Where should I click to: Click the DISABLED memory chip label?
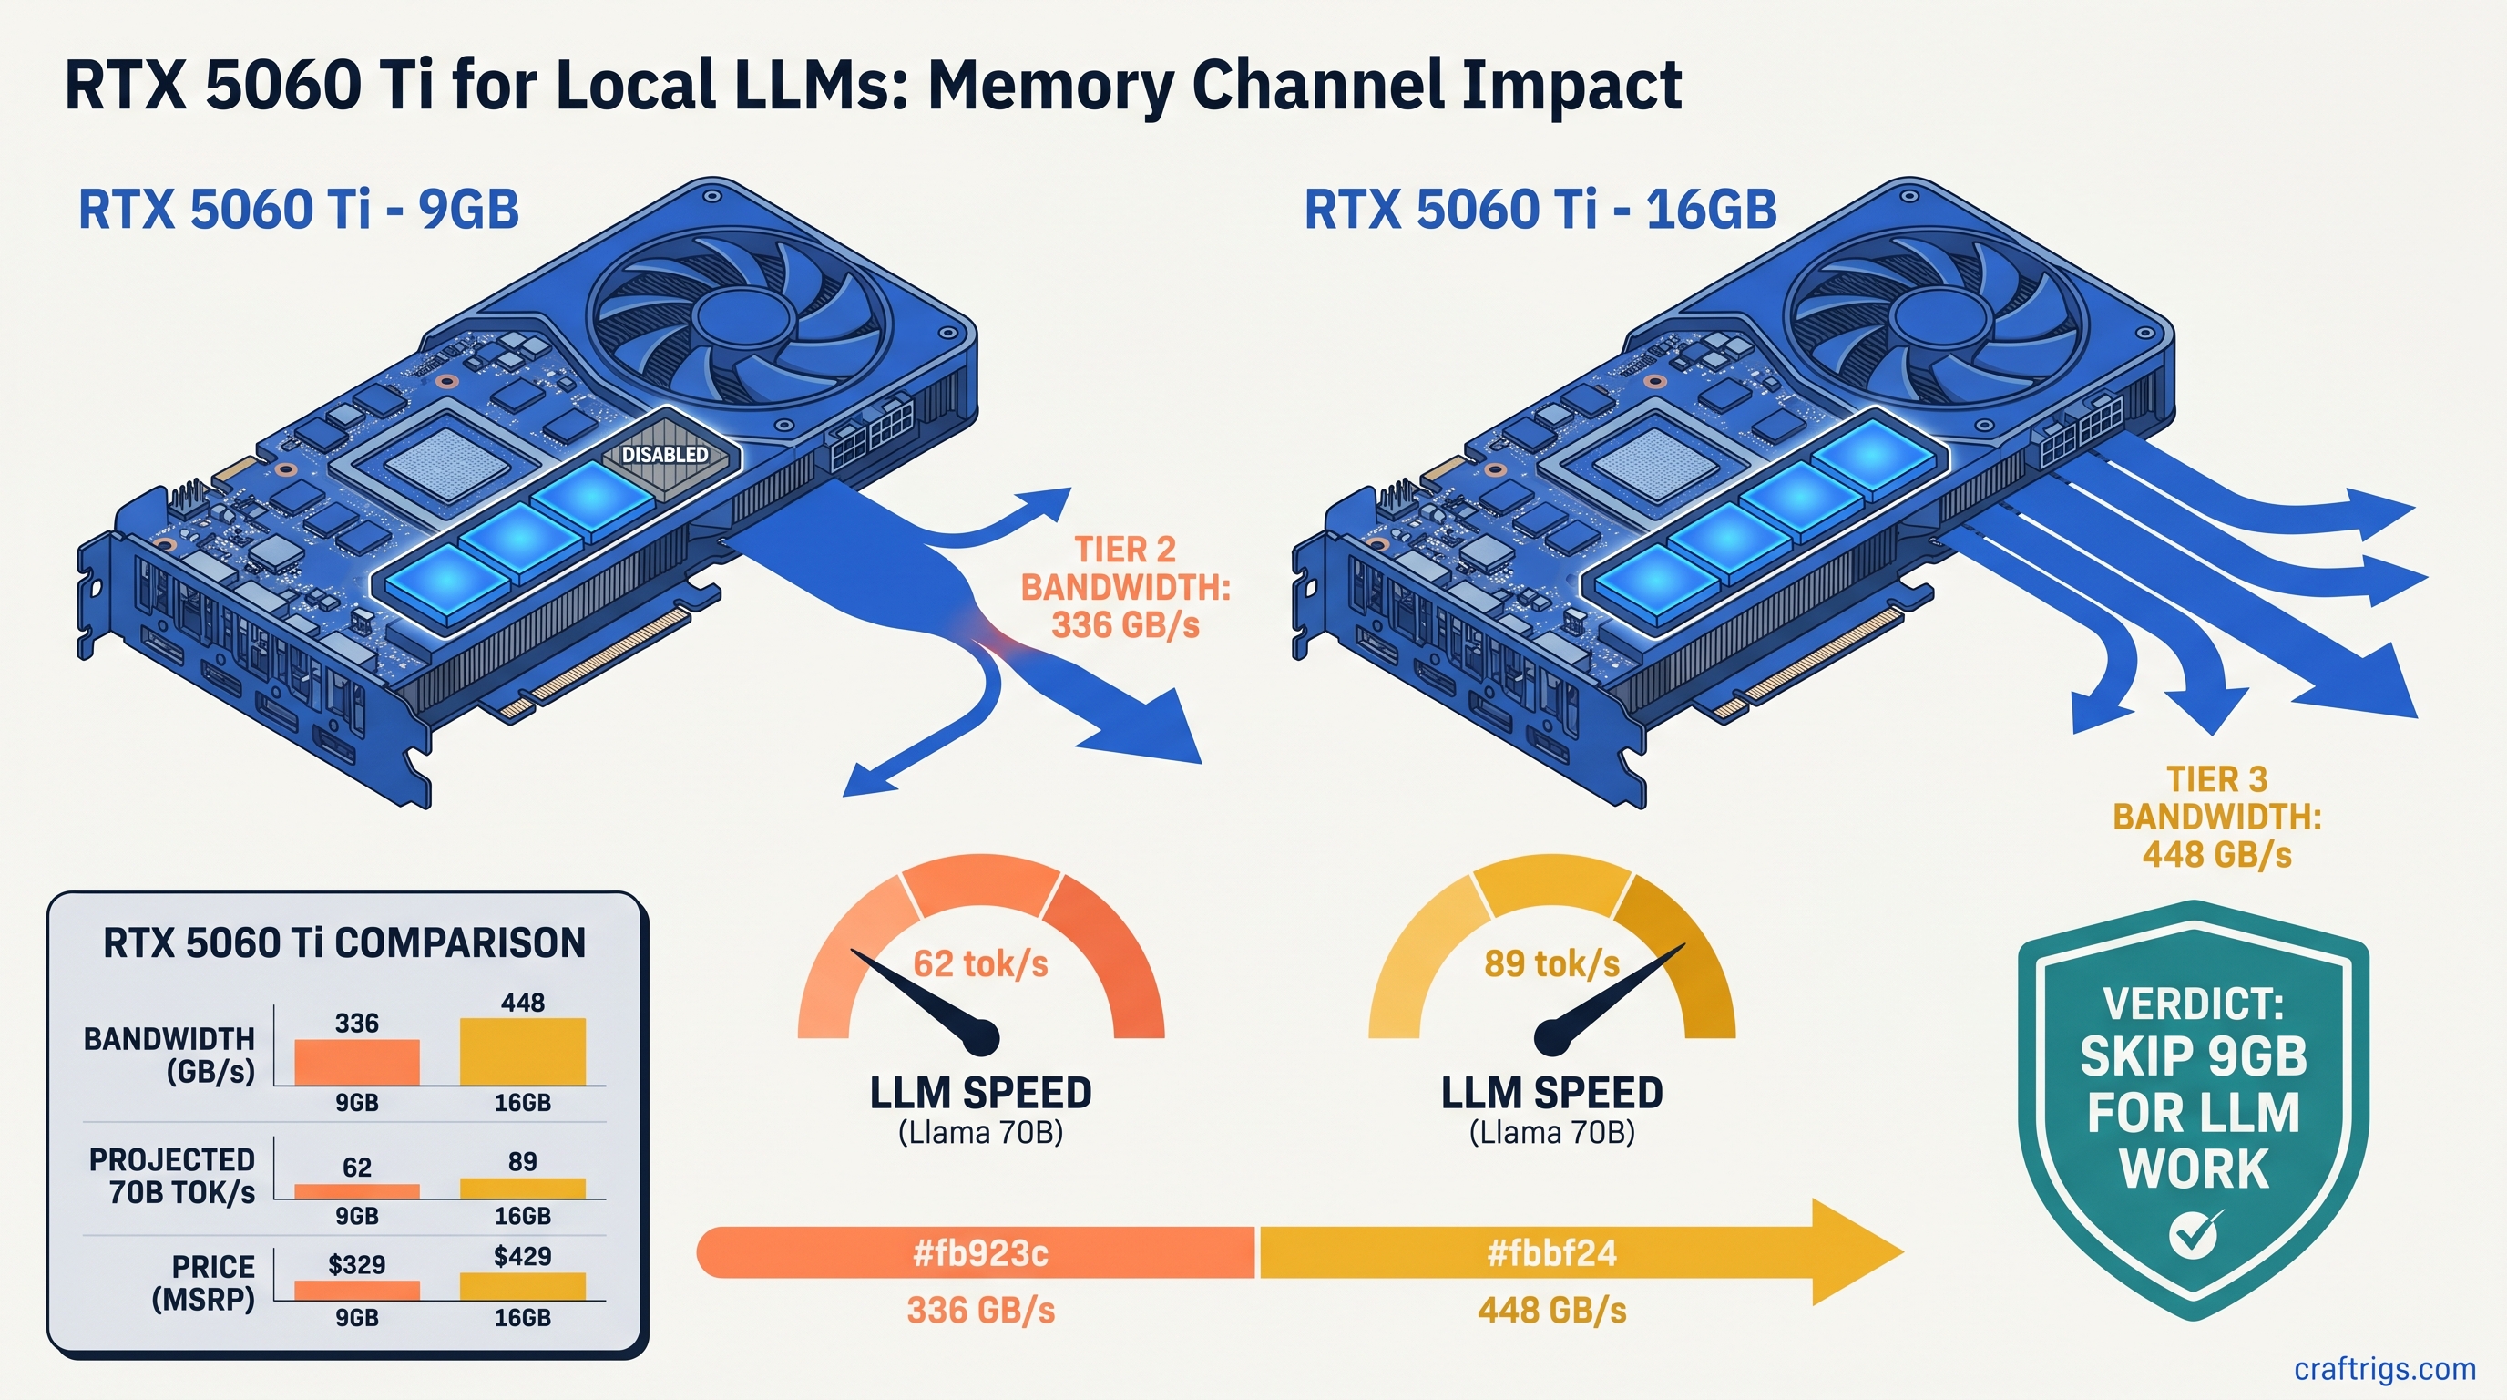click(x=666, y=455)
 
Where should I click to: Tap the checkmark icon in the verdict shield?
click(x=2195, y=1234)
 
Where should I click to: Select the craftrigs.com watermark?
click(x=2384, y=1369)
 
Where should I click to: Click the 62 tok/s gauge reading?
click(x=981, y=963)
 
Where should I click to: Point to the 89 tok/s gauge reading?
click(x=1551, y=963)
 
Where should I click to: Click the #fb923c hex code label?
click(x=981, y=1253)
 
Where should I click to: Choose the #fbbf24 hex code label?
click(x=1551, y=1253)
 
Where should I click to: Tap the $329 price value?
click(x=356, y=1265)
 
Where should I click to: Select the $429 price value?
click(x=523, y=1256)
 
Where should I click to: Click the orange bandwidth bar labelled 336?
click(x=357, y=1062)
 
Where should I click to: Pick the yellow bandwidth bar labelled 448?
click(x=523, y=1052)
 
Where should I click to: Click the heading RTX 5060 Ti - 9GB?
click(x=299, y=210)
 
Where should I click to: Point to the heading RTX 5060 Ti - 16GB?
click(x=1540, y=210)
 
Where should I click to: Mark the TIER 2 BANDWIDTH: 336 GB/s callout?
click(x=1125, y=587)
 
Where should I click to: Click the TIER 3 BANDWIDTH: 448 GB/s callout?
click(x=2217, y=817)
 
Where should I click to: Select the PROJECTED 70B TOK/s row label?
click(x=172, y=1176)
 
